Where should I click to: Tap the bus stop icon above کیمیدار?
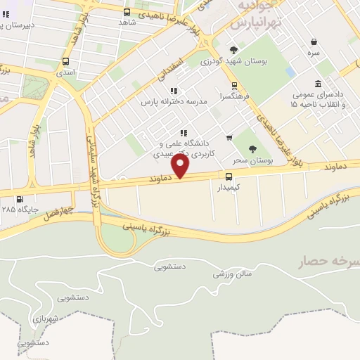[229, 176]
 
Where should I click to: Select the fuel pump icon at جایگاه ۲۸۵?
[20, 199]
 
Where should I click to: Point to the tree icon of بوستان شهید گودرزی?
[233, 50]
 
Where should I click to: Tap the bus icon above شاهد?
[127, 12]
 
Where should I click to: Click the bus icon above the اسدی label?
[65, 61]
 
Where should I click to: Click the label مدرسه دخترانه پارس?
[174, 102]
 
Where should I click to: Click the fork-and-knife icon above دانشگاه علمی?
[184, 133]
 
